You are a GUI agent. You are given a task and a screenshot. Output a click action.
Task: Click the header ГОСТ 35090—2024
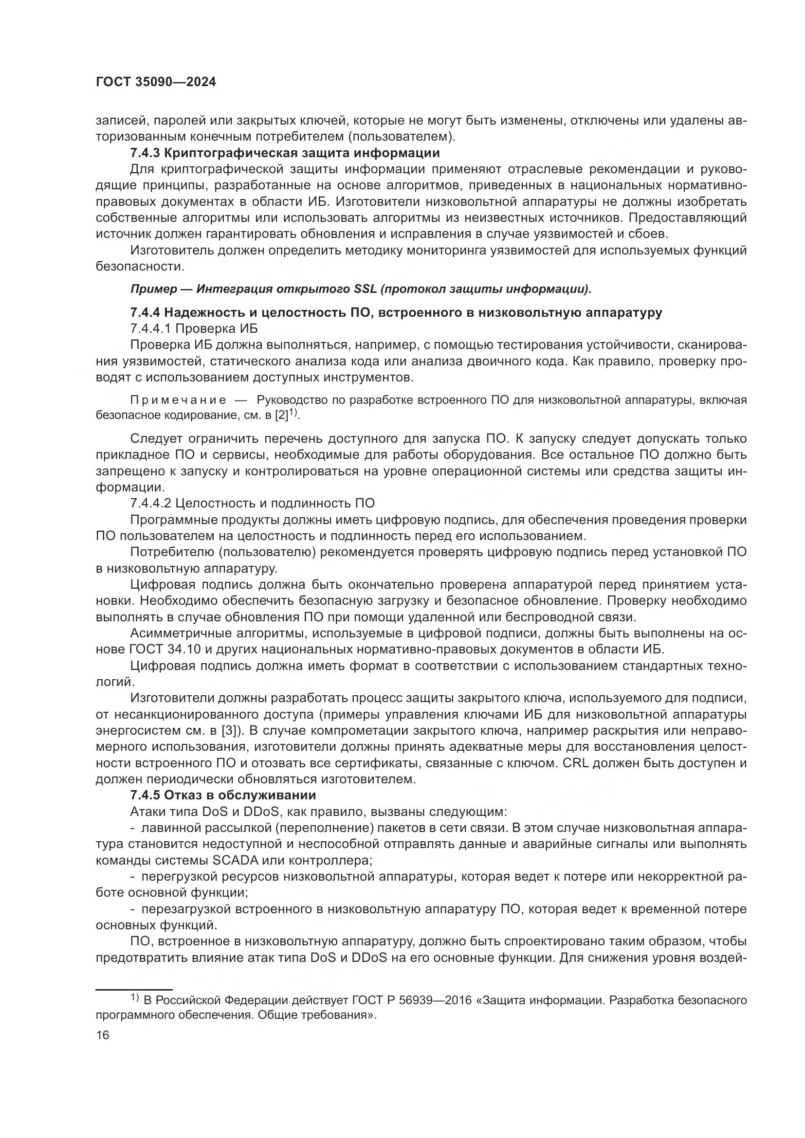156,82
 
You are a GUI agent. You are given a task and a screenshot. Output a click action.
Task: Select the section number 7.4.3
145,153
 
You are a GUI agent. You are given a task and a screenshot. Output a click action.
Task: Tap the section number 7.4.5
145,795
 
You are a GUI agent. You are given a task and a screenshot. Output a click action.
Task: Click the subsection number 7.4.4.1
150,328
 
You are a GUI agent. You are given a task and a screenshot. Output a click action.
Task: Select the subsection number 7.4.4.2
150,503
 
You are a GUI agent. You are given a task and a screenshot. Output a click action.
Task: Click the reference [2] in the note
281,415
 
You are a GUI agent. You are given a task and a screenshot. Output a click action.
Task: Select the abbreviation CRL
575,763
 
